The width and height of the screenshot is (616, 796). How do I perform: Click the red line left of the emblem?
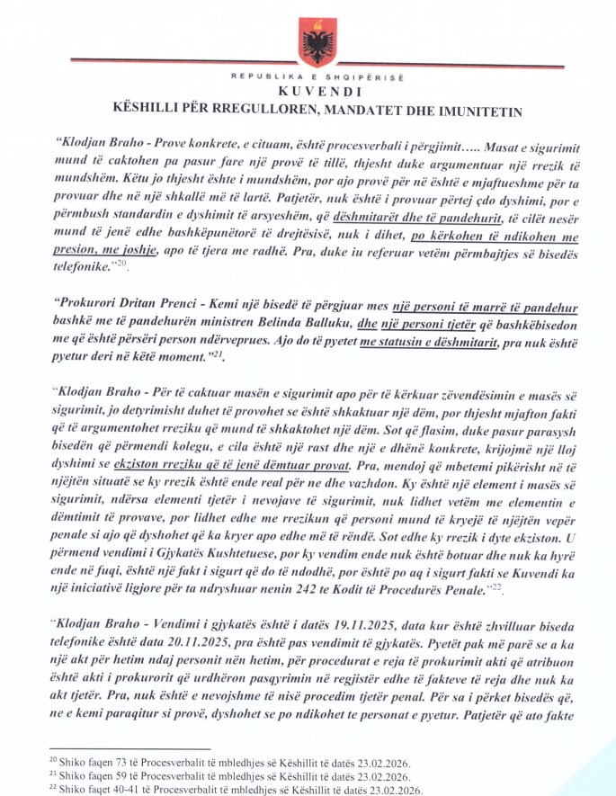click(171, 60)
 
